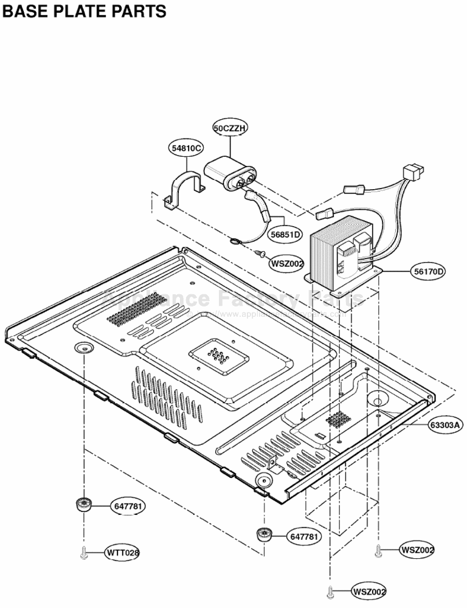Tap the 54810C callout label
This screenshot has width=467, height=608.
point(187,148)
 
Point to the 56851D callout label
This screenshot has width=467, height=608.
point(286,235)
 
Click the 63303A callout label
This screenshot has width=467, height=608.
point(446,424)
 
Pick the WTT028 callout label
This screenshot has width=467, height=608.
point(122,553)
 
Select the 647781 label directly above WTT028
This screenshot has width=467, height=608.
point(128,505)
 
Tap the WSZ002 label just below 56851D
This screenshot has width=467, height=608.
point(287,263)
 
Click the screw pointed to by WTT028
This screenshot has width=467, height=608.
point(84,553)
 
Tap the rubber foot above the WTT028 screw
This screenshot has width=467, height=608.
point(83,505)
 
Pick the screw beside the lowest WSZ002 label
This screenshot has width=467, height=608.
point(330,591)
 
